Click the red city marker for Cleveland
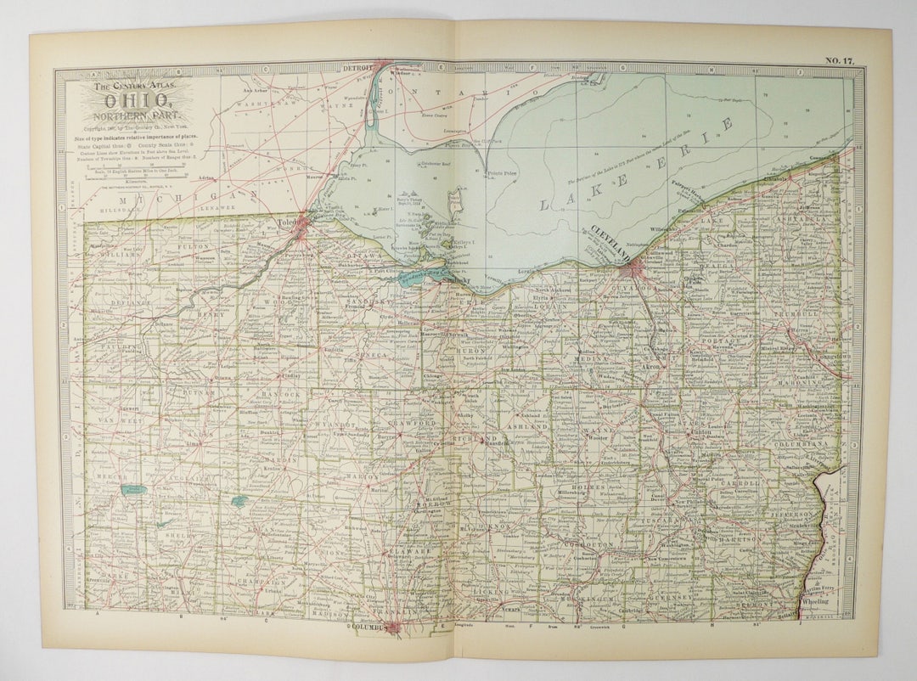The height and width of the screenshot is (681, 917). [x=639, y=270]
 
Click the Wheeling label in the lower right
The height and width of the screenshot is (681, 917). [x=816, y=600]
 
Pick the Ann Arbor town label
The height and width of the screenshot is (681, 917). [x=256, y=90]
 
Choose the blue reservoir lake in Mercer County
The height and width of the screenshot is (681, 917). [x=132, y=490]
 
